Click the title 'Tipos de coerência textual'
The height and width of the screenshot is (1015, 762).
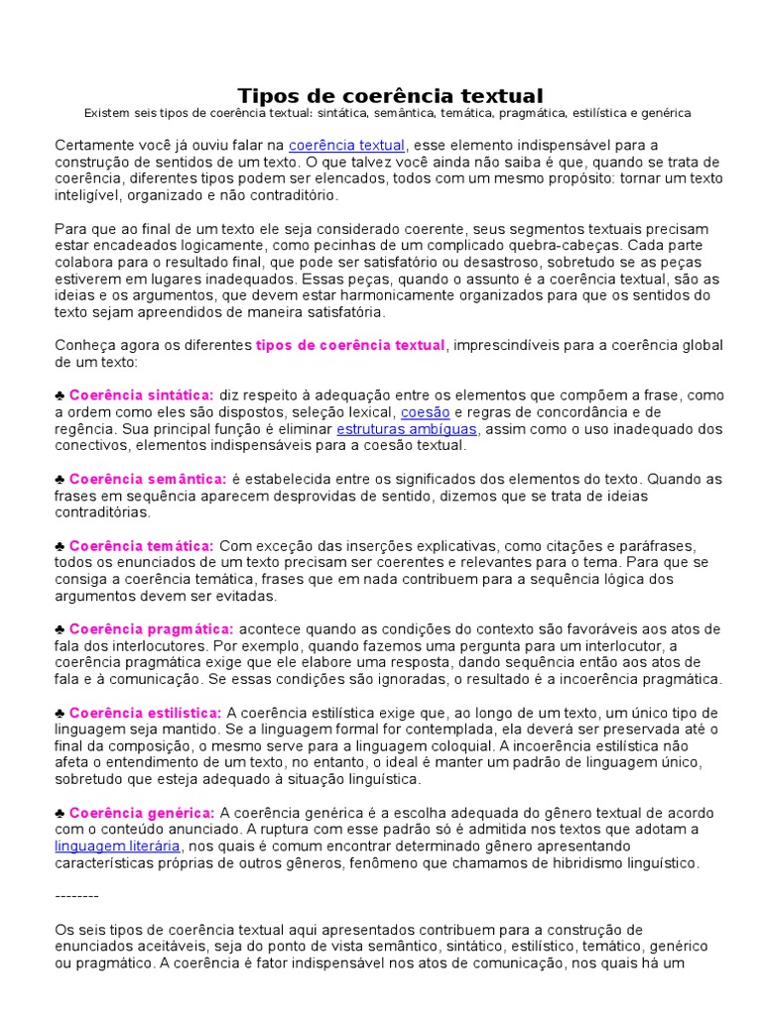tap(390, 96)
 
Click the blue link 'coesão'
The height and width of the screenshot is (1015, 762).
tap(426, 412)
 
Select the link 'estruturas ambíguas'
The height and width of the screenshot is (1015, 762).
tap(394, 429)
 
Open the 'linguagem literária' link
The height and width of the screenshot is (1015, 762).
tap(117, 846)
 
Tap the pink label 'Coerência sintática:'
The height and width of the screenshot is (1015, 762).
tap(141, 395)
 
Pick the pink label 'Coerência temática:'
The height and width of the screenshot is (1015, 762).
tap(141, 546)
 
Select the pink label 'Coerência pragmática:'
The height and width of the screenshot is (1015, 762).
tap(152, 629)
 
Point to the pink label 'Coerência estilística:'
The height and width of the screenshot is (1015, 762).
tap(145, 713)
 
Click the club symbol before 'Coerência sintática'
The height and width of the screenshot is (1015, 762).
tap(60, 395)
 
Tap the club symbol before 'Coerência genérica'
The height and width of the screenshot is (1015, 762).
tap(60, 813)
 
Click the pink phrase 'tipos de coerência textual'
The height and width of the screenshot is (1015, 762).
tap(351, 345)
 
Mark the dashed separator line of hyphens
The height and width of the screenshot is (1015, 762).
tap(76, 895)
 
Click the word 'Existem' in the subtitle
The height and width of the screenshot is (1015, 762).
tap(109, 114)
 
